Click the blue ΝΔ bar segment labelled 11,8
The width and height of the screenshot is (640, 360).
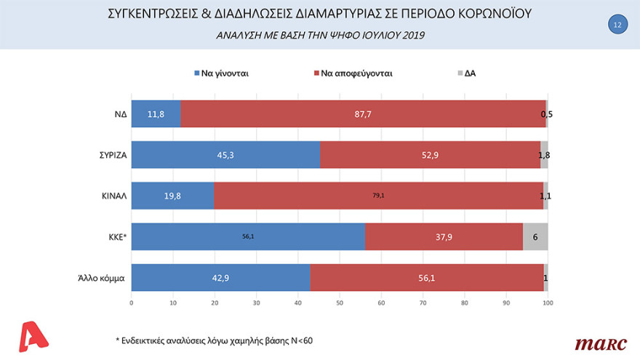(x=156, y=113)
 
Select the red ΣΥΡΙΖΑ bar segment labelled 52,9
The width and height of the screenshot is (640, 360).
(x=430, y=154)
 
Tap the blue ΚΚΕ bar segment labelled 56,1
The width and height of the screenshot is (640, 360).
(x=248, y=236)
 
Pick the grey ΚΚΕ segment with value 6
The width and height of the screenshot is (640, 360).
(x=535, y=236)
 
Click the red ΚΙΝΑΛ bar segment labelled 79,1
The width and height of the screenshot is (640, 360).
(x=378, y=195)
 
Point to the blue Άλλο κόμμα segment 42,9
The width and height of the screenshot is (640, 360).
(x=220, y=277)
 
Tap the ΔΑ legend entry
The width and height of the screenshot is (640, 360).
(x=465, y=73)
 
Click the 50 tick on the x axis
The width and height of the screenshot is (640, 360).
(x=340, y=303)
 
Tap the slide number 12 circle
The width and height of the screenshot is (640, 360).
(x=617, y=24)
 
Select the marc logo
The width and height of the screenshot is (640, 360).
(x=596, y=343)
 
